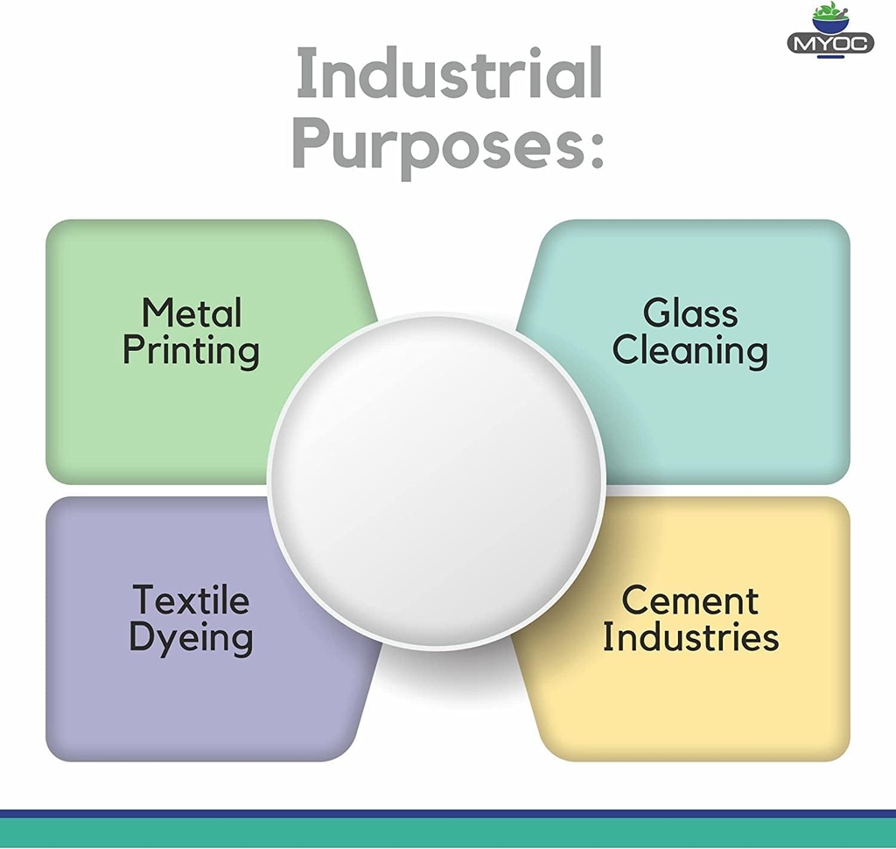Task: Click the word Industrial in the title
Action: click(x=449, y=74)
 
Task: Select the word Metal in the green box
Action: click(x=192, y=312)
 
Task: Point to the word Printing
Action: click(x=191, y=351)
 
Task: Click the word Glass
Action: click(x=689, y=312)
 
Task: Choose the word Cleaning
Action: click(x=689, y=350)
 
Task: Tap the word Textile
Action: click(x=191, y=600)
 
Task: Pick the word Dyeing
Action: click(x=191, y=638)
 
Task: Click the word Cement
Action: click(x=689, y=600)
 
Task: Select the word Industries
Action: click(x=689, y=637)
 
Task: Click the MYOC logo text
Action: click(x=830, y=43)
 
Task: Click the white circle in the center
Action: click(x=436, y=482)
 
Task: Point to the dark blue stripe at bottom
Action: click(x=448, y=814)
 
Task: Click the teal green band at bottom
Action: click(x=448, y=833)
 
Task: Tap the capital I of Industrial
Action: click(x=304, y=74)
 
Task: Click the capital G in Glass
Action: click(x=657, y=312)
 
